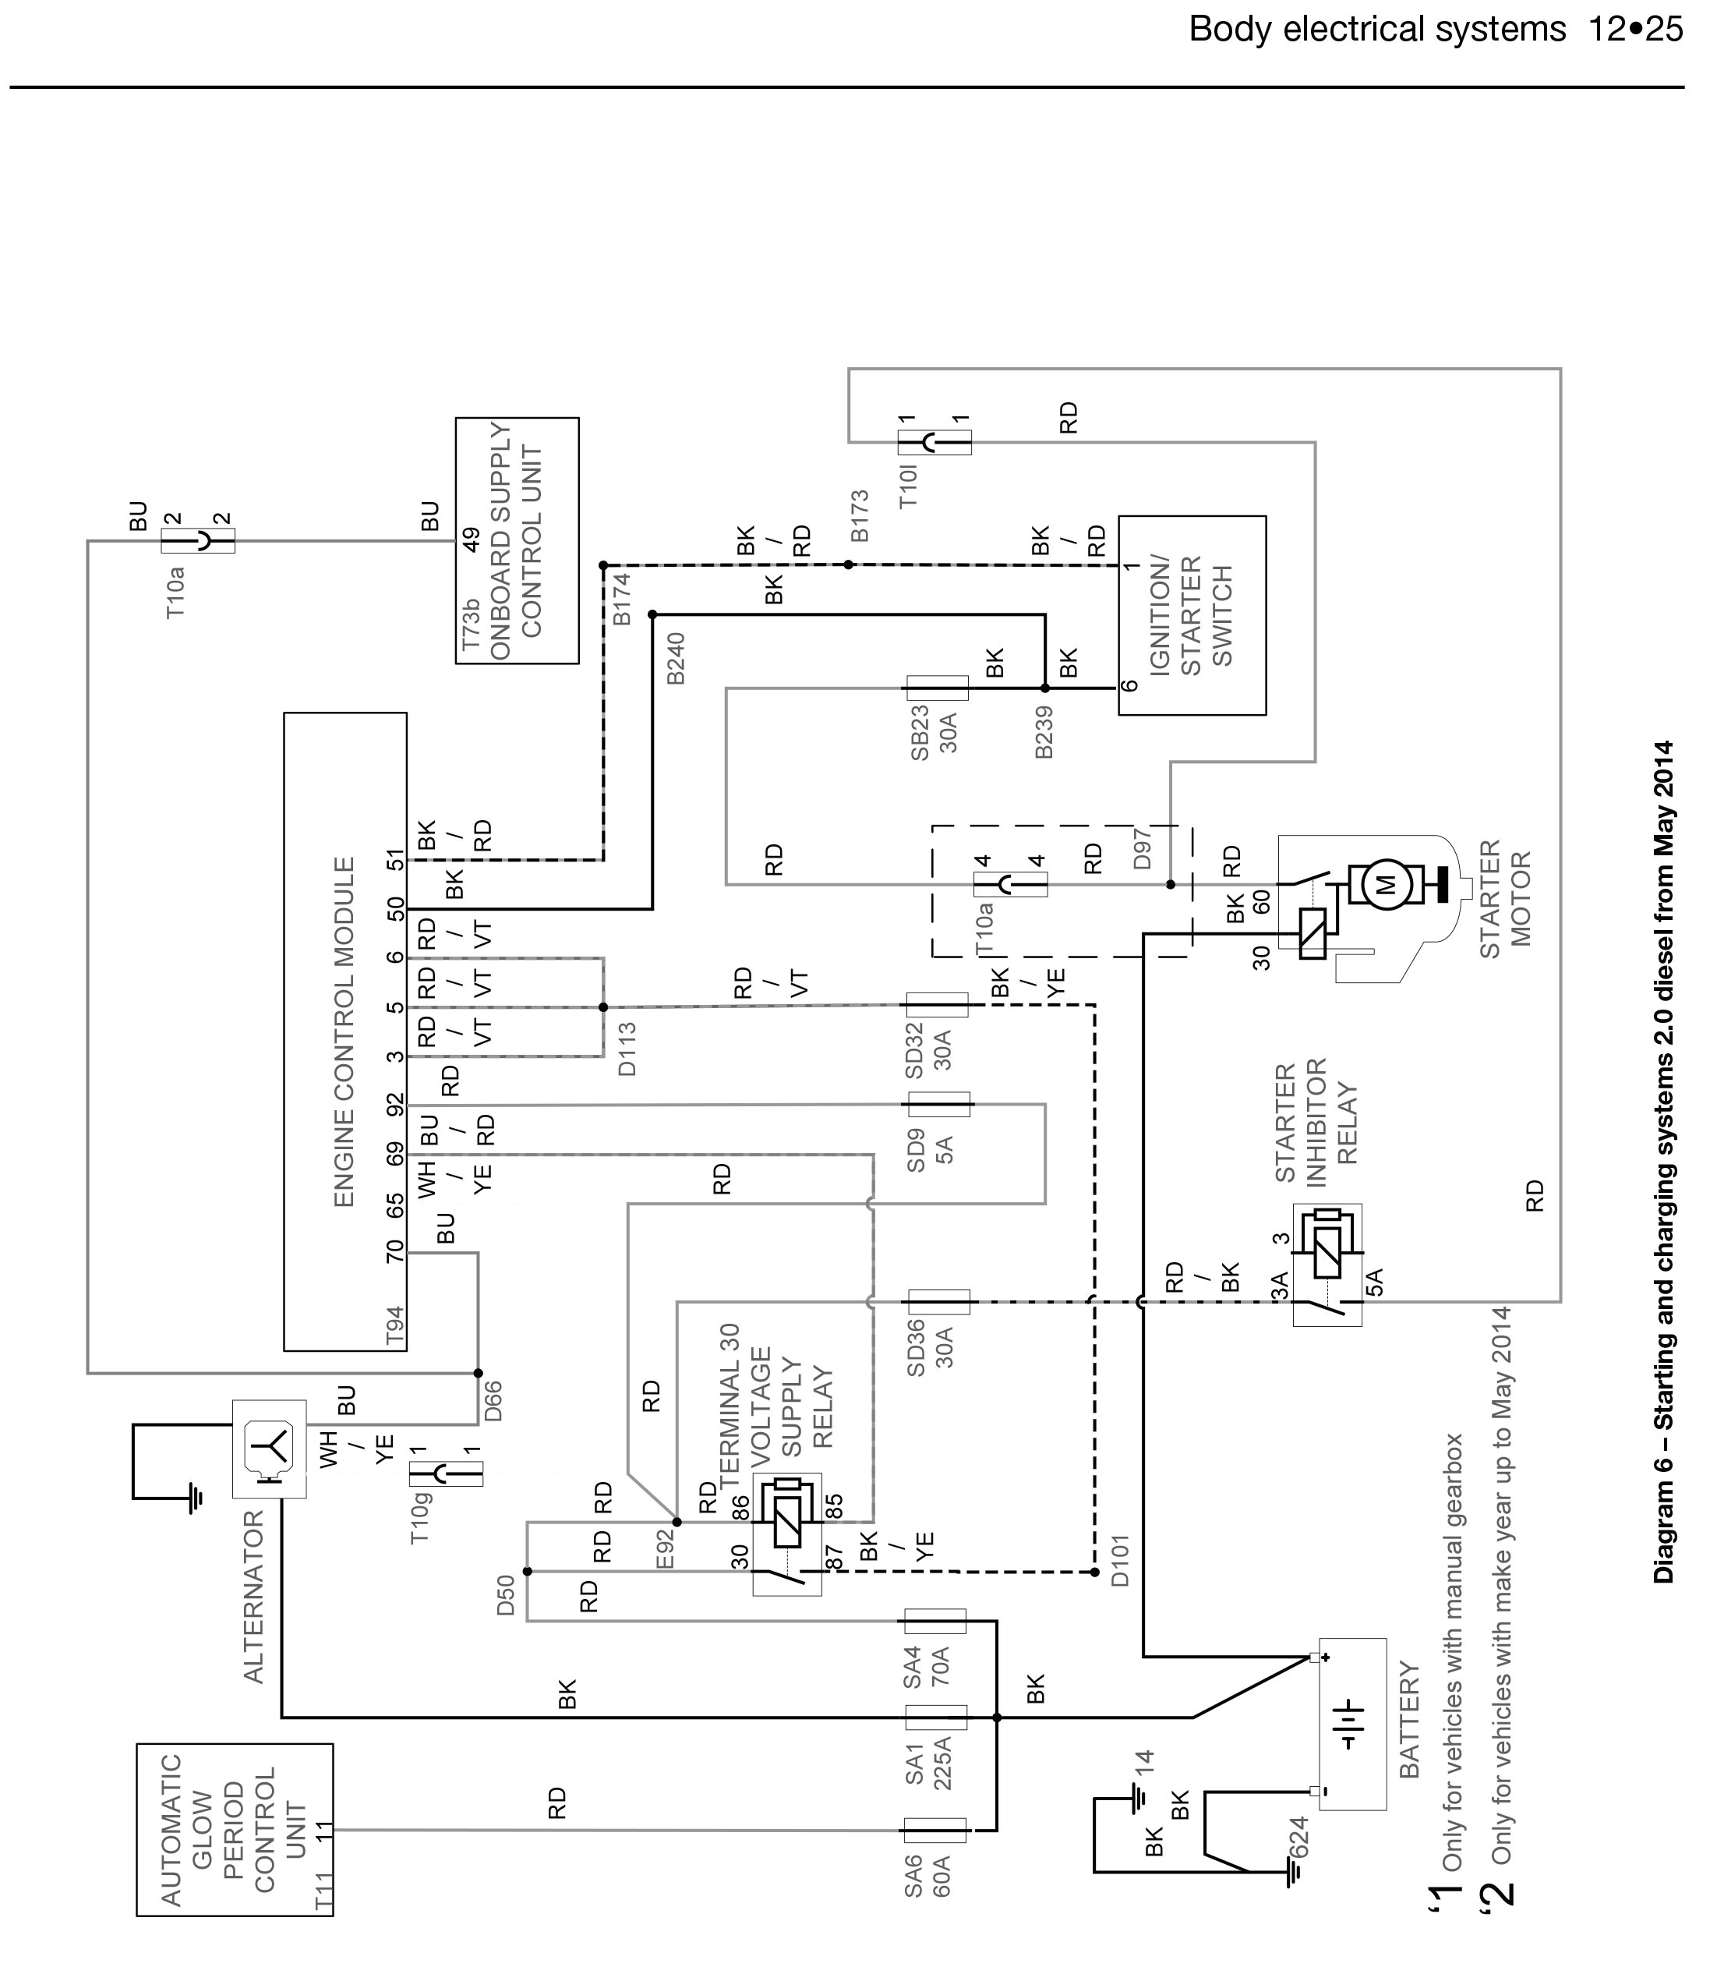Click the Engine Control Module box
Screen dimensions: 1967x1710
[344, 1031]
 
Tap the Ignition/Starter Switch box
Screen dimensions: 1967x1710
[1192, 616]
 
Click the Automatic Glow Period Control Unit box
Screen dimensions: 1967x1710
[235, 1830]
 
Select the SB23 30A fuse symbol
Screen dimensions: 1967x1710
[936, 687]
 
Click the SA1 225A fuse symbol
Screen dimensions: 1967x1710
[935, 1717]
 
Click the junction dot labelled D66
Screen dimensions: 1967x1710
[478, 1372]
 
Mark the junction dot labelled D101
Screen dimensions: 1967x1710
[1094, 1572]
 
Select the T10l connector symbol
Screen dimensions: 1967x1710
[935, 442]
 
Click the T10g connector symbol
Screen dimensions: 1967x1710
[446, 1473]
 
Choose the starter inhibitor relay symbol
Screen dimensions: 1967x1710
[1327, 1264]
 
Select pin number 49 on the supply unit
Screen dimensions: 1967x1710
[472, 541]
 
